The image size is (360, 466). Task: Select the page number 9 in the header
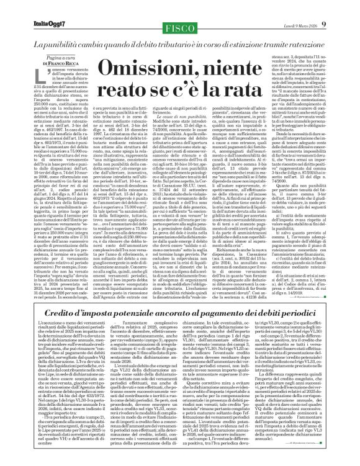pyautogui.click(x=323, y=24)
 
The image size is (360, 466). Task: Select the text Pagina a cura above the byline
pyautogui.click(x=56, y=56)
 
